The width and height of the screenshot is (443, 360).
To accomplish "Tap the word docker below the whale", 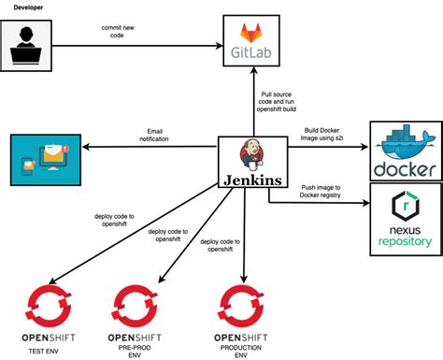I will point(405,169).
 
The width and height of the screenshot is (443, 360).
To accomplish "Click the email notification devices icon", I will point(43,157).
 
